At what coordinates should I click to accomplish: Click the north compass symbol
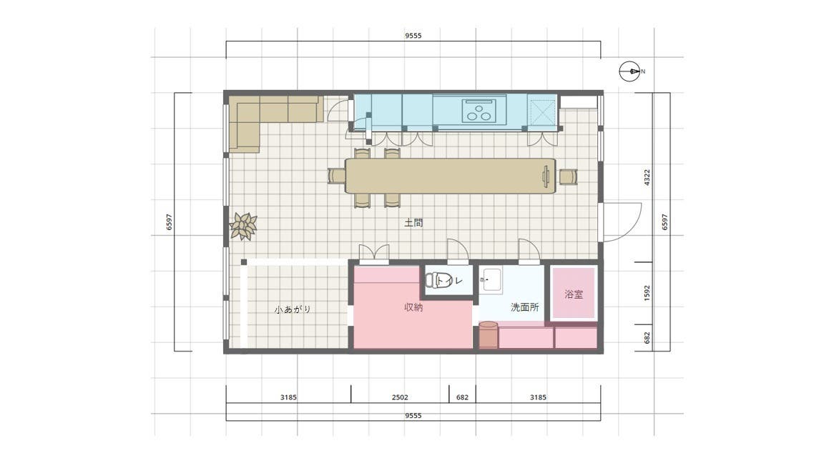[x=630, y=71]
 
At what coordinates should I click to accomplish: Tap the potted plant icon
[x=243, y=226]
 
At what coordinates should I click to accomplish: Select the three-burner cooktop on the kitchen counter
[x=479, y=111]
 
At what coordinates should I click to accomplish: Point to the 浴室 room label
[x=574, y=294]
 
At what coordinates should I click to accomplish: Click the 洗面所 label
[x=525, y=308]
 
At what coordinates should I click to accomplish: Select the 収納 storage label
[x=413, y=308]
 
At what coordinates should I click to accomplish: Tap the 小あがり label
[x=292, y=309]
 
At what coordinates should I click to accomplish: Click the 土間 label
[x=413, y=223]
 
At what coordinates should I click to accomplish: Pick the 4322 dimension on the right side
[x=647, y=177]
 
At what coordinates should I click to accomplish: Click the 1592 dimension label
[x=647, y=293]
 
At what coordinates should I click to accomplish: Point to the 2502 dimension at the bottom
[x=400, y=397]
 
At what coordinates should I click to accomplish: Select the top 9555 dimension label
[x=413, y=36]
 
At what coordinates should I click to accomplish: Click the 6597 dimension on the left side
[x=170, y=222]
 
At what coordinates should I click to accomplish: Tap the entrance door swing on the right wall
[x=622, y=222]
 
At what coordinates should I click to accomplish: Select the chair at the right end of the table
[x=568, y=177]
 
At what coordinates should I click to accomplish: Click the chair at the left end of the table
[x=337, y=176]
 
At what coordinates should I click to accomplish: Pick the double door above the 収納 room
[x=374, y=253]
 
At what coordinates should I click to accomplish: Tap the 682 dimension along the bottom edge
[x=463, y=397]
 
